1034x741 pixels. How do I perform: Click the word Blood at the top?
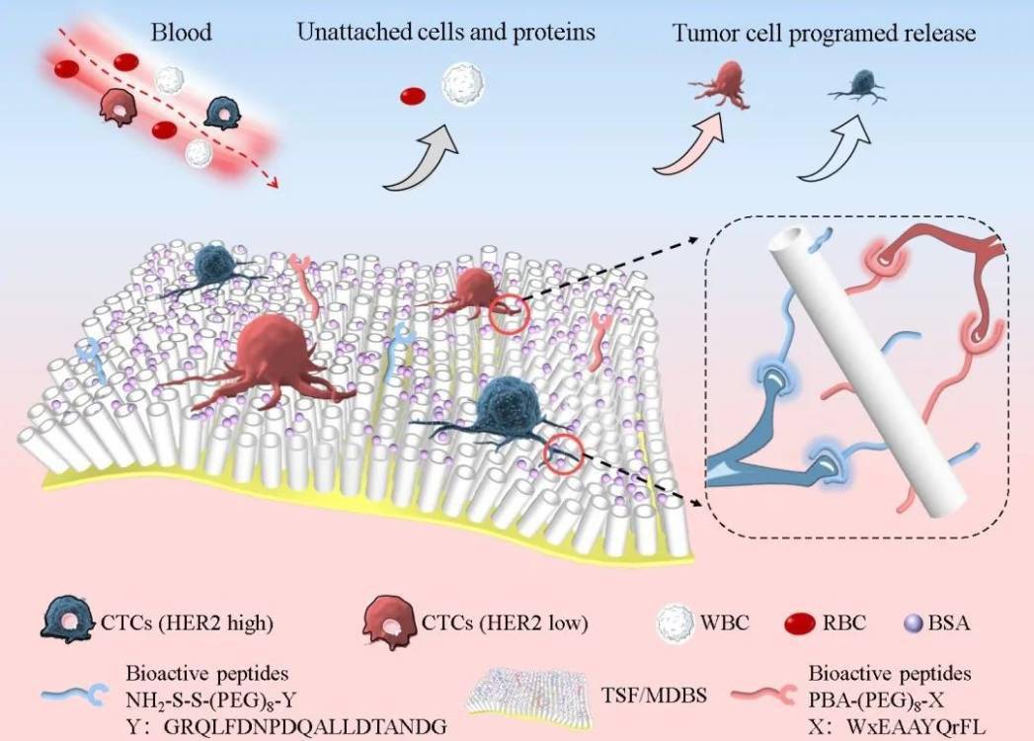click(x=181, y=33)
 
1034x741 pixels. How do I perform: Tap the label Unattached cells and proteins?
click(x=445, y=33)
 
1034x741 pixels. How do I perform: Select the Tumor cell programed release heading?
click(x=824, y=34)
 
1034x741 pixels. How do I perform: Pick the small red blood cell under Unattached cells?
click(x=412, y=96)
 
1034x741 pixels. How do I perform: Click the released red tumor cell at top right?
click(x=727, y=81)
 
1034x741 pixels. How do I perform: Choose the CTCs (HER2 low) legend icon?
click(x=388, y=622)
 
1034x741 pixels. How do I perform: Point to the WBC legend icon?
click(x=676, y=622)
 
